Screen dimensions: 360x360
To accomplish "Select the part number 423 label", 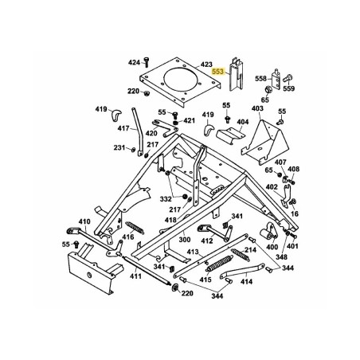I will [x=185, y=64].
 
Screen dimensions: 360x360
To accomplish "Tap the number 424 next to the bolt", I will [x=133, y=61].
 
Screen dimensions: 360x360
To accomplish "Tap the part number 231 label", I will [x=119, y=147].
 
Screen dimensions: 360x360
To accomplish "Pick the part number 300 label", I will [x=183, y=239].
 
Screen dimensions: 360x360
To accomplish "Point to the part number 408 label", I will [x=294, y=169].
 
